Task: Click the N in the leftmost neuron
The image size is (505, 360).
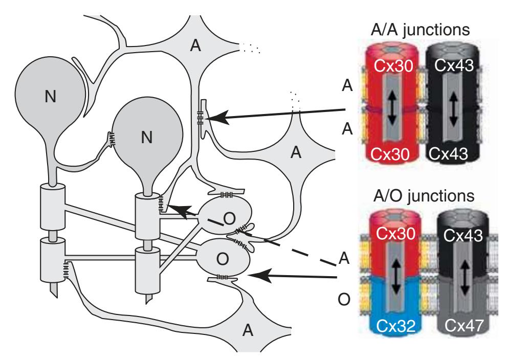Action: click(x=50, y=97)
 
